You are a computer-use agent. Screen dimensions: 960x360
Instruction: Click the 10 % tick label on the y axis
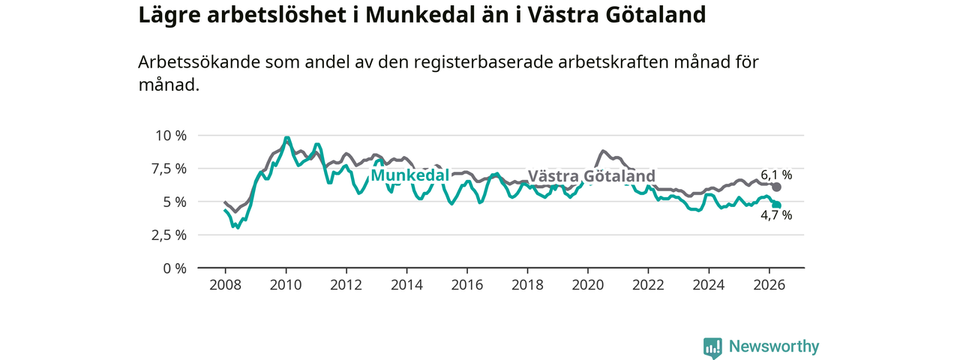[171, 136]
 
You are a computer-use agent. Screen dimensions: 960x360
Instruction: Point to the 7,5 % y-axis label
[169, 169]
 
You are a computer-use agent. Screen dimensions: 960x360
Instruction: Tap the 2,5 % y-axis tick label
[169, 235]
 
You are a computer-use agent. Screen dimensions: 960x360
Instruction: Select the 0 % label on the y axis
[175, 268]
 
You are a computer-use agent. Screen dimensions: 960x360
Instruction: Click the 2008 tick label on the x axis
[226, 285]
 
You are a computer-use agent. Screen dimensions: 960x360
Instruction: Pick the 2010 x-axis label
[286, 285]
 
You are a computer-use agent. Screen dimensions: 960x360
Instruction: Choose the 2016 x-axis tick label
[467, 285]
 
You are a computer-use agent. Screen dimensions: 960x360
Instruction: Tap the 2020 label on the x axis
[588, 285]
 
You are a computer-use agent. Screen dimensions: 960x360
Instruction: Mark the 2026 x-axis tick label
[769, 285]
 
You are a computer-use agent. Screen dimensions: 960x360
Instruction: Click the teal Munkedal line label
[409, 175]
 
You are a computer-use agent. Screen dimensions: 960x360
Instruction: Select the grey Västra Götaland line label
[592, 176]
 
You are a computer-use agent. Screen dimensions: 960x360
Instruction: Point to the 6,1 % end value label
[776, 175]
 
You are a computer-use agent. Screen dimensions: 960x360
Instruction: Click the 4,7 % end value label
[776, 215]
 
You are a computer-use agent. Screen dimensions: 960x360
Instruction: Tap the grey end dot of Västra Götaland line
[776, 187]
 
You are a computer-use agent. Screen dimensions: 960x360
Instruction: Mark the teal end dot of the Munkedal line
[776, 205]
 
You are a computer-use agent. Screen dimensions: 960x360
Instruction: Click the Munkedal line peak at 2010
[286, 138]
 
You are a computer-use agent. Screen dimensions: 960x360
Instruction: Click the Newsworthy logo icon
[712, 347]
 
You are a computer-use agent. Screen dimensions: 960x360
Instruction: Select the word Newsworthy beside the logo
[774, 346]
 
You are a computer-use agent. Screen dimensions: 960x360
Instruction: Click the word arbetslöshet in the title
[277, 14]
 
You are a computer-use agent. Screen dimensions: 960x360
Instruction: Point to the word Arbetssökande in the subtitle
[199, 62]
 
